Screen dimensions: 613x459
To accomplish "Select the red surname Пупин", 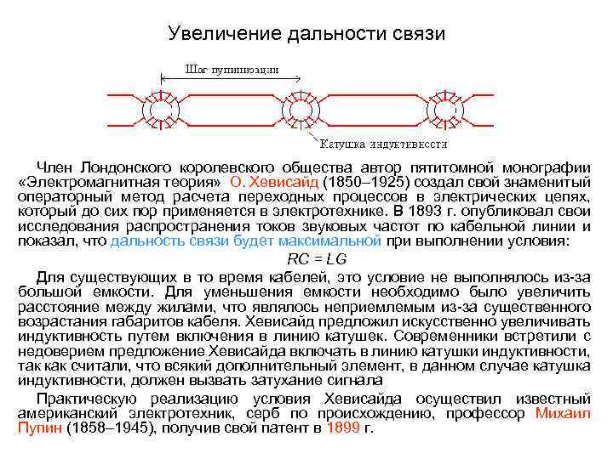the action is pyautogui.click(x=37, y=428).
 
